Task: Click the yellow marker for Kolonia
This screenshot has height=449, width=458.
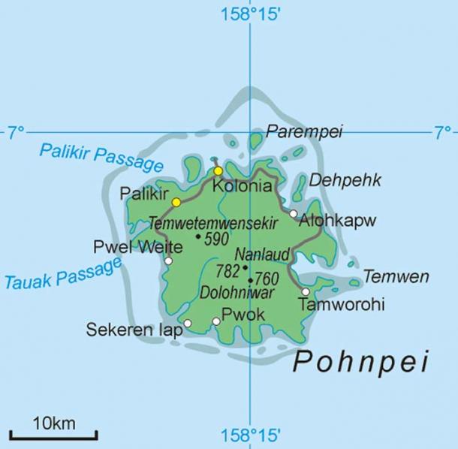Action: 218,170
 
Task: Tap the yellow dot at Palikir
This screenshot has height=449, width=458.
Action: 176,202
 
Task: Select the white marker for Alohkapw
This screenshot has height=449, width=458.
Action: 294,214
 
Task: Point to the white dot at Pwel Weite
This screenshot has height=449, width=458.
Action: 168,261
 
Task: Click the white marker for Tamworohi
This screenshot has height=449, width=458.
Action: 306,291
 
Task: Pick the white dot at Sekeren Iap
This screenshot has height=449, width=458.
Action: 188,324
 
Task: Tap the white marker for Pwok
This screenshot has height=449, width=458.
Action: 216,321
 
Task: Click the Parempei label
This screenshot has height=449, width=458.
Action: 304,132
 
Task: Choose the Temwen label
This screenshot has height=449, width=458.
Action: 396,276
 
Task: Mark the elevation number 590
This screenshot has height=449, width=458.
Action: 216,239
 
